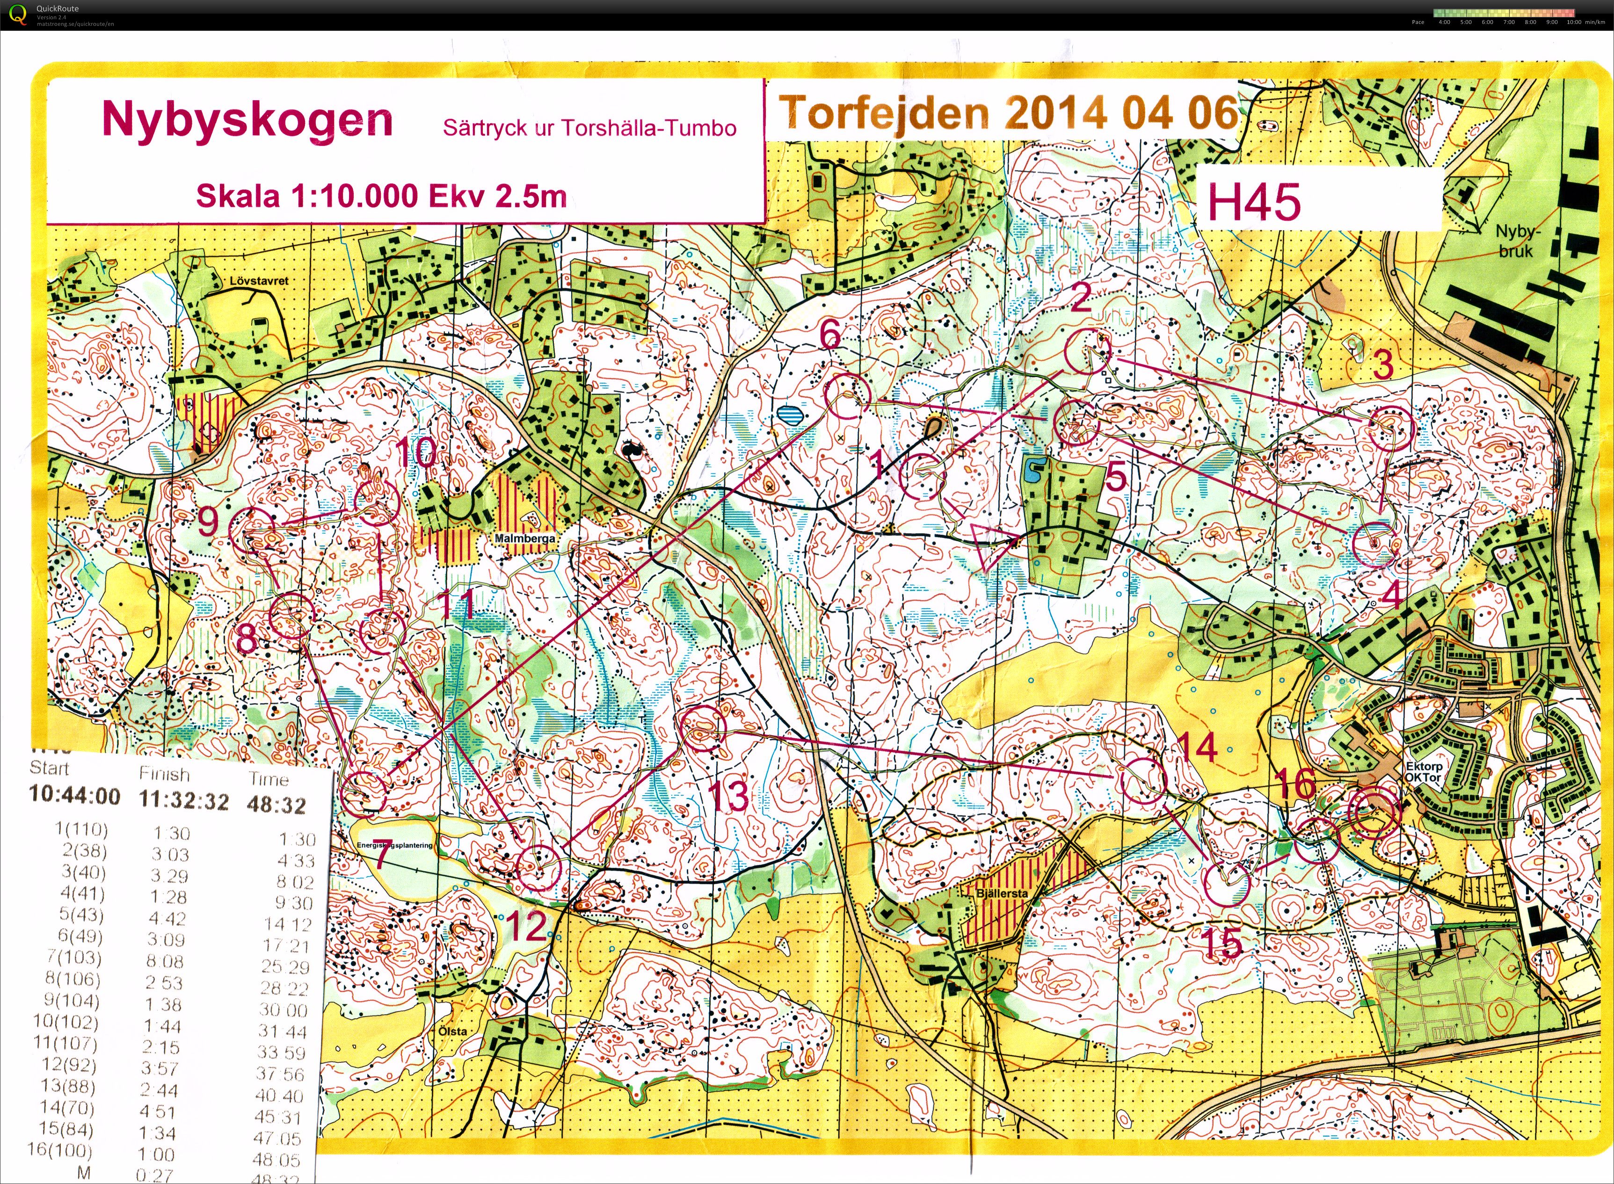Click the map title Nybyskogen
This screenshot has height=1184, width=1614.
[x=247, y=120]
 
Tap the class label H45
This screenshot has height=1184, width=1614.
[x=1253, y=203]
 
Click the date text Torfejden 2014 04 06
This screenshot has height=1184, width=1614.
[x=1008, y=113]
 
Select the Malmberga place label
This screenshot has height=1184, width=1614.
[x=524, y=538]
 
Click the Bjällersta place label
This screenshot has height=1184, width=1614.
[x=1001, y=894]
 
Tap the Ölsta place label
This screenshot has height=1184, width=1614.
[x=452, y=1031]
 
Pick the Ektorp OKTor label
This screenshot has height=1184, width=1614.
[x=1423, y=772]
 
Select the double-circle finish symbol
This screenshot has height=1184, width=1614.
[x=1373, y=813]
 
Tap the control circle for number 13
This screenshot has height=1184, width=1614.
[x=703, y=729]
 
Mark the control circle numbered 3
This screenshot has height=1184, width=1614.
[x=1391, y=428]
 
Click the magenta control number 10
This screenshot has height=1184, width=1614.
[x=416, y=453]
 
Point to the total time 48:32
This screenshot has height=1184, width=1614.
[x=276, y=805]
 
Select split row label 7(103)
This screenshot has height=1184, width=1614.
[x=73, y=958]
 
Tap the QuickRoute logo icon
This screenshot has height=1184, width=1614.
[x=17, y=15]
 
